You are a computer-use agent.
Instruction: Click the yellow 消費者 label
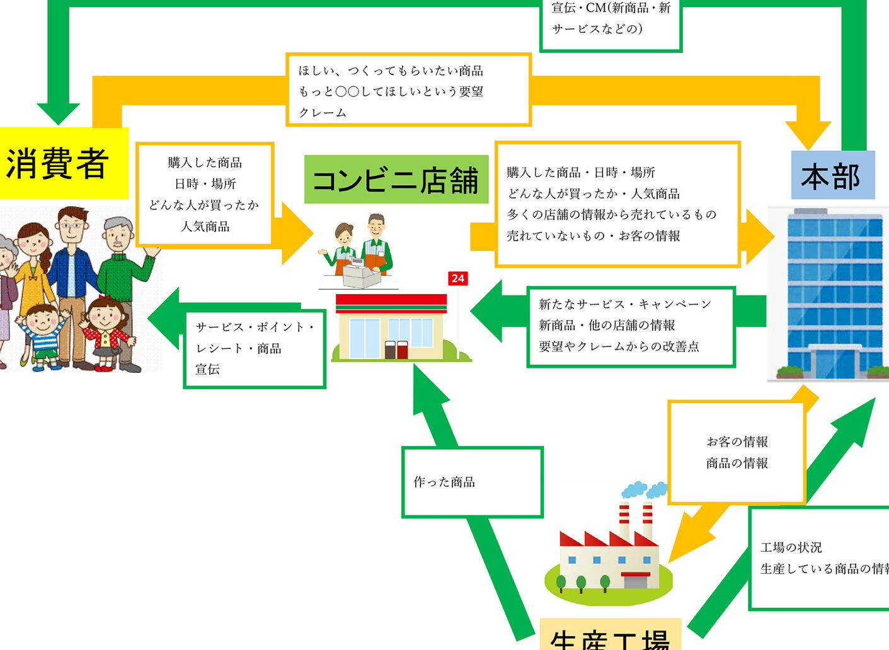pos(60,162)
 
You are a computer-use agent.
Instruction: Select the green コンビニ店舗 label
pos(396,180)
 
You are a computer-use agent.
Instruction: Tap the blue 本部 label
pos(832,176)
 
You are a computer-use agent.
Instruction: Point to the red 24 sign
pos(458,278)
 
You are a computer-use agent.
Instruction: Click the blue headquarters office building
pos(827,293)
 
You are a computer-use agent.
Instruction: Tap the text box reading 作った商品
pos(472,482)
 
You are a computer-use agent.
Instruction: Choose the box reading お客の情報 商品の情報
pos(736,452)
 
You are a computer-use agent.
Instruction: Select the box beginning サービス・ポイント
pos(254,348)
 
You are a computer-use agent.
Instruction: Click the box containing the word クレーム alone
pos(408,91)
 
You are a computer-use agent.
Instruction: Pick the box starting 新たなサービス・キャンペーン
pos(631,326)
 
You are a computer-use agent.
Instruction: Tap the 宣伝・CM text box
pos(611,22)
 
